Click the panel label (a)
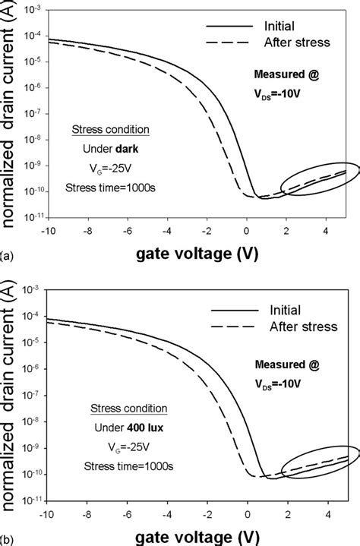[7, 257]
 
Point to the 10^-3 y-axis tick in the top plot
[33, 10]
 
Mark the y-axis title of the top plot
[11, 114]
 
